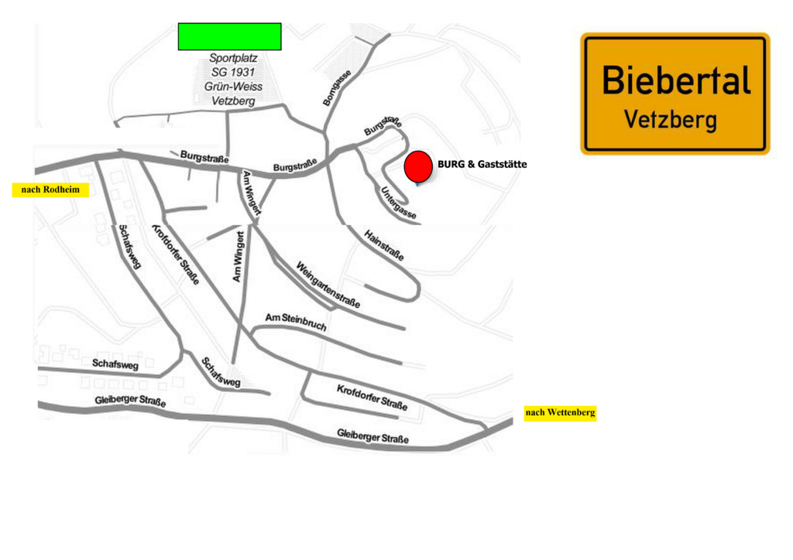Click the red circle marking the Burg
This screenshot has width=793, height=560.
click(x=418, y=166)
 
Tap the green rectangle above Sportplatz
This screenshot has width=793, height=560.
click(x=229, y=36)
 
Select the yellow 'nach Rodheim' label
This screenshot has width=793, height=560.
click(x=50, y=190)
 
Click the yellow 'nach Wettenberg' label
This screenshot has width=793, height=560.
click(x=561, y=412)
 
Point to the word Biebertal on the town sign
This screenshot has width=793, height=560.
click(x=676, y=80)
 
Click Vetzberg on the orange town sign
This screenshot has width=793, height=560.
click(x=671, y=120)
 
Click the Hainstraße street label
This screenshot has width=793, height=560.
click(x=384, y=245)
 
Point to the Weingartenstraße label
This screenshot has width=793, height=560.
click(x=328, y=285)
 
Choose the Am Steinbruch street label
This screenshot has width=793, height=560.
click(x=296, y=322)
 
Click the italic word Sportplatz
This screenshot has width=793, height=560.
click(x=233, y=58)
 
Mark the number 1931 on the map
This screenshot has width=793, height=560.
click(x=242, y=72)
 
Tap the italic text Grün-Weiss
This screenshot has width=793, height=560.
click(x=233, y=87)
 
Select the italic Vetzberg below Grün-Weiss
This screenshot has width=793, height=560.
click(x=233, y=101)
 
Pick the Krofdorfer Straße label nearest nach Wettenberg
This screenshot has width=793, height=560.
click(x=372, y=398)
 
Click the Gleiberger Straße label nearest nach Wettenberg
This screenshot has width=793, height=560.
click(x=372, y=436)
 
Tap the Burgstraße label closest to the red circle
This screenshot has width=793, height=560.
click(x=383, y=126)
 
